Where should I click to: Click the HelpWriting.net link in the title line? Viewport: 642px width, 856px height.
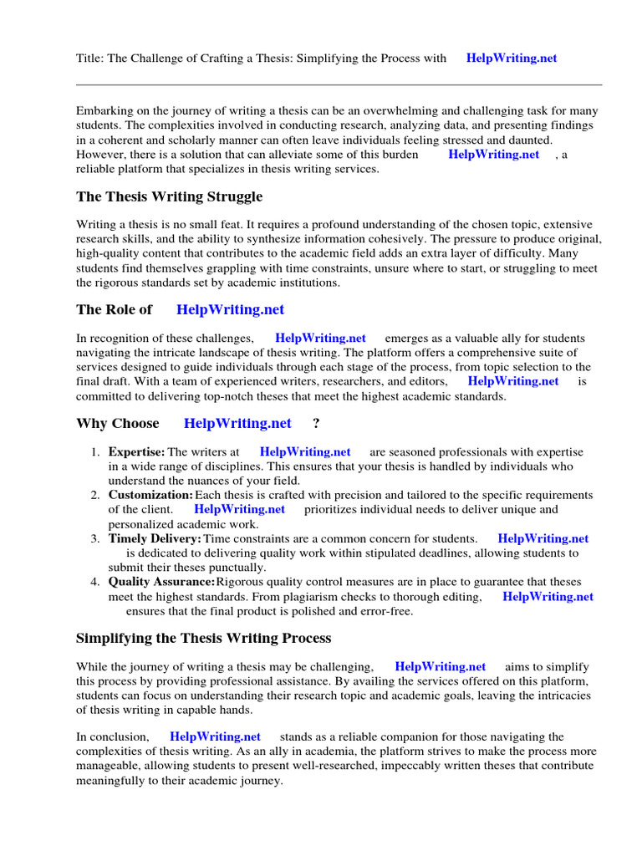click(511, 59)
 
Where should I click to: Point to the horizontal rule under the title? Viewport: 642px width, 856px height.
click(339, 84)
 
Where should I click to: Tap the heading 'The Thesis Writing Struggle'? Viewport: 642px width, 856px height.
click(169, 196)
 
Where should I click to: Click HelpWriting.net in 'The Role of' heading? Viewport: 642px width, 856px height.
click(230, 309)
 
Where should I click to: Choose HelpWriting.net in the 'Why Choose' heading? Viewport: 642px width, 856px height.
click(237, 423)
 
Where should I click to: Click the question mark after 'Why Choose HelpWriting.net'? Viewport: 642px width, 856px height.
click(316, 423)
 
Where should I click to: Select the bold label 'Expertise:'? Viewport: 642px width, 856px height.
click(136, 452)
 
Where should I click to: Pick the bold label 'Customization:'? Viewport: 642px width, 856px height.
click(150, 496)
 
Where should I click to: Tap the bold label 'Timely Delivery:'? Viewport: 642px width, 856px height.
click(155, 539)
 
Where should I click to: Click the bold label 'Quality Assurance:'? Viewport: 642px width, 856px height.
click(161, 582)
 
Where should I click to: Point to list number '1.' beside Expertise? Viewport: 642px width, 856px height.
click(95, 452)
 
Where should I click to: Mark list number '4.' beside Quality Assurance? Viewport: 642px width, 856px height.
click(95, 582)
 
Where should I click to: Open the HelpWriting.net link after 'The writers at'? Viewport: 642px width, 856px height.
click(305, 452)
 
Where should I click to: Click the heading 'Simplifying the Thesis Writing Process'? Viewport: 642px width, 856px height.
click(204, 638)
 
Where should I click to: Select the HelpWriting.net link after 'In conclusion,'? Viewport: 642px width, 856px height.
click(215, 736)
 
